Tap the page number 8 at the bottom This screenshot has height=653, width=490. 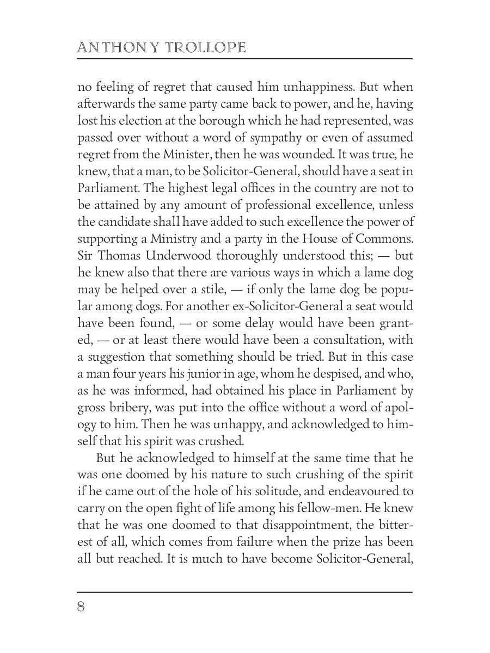tap(81, 607)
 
